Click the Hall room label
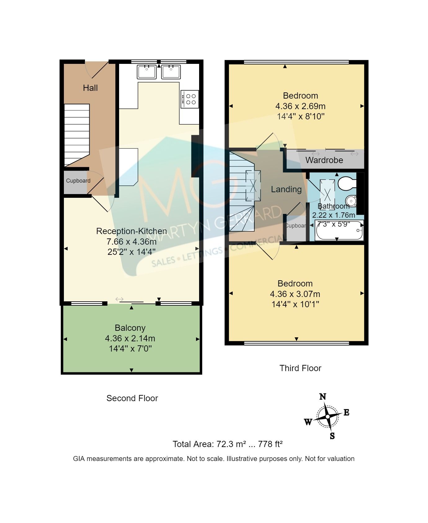90,88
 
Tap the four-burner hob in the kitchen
189,99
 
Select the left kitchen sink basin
146,72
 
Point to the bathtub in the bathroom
339,231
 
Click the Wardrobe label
324,160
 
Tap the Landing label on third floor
286,189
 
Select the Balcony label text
130,328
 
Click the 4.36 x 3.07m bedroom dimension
295,294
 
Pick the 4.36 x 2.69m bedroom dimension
300,106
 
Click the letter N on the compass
323,397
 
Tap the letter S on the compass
332,436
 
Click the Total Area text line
227,444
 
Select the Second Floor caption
132,398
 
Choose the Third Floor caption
300,368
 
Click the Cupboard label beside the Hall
78,181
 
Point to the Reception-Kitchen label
132,231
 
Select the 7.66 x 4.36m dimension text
132,242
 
